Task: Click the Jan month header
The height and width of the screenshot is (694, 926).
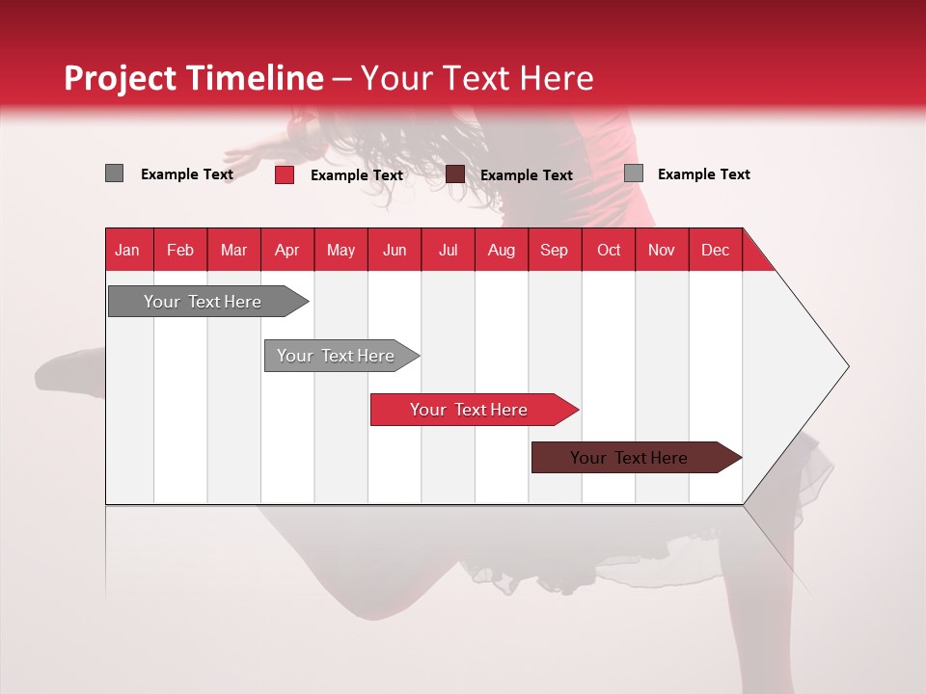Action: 127,250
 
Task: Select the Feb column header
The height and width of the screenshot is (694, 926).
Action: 180,250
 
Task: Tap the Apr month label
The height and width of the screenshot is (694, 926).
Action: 286,250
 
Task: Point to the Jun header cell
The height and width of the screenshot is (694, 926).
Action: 395,250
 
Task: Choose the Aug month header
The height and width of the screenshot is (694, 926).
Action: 501,250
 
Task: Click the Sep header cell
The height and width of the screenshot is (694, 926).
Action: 554,250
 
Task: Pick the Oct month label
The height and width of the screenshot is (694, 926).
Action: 609,250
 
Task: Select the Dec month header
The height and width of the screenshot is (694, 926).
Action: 715,250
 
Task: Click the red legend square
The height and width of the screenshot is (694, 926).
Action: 285,174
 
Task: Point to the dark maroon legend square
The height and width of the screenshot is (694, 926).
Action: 455,174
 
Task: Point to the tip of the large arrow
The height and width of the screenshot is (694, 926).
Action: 845,366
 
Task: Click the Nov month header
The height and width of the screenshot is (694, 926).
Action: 662,250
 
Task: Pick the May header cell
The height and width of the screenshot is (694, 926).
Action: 340,250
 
